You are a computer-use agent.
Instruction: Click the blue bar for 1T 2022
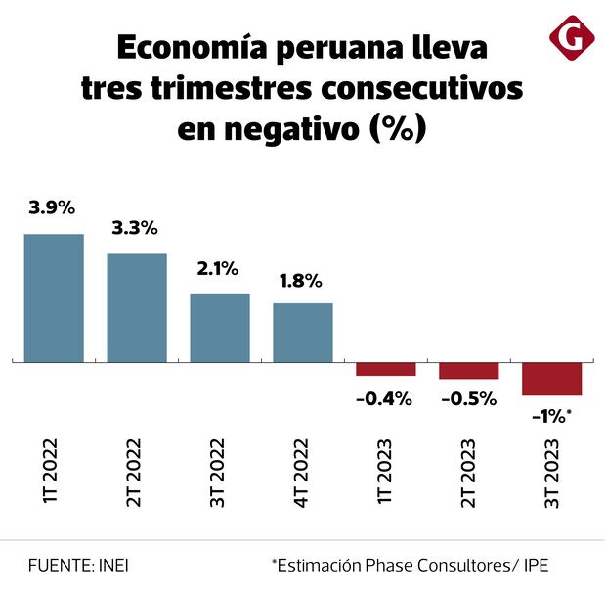click(x=54, y=298)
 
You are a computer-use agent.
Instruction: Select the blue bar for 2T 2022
click(x=137, y=308)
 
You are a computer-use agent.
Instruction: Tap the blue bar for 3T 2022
click(x=220, y=328)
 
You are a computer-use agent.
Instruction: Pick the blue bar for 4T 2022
click(x=303, y=333)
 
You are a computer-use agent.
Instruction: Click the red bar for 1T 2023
click(x=386, y=369)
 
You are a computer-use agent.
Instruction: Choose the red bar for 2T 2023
click(x=469, y=371)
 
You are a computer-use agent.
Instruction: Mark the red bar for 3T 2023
click(x=552, y=379)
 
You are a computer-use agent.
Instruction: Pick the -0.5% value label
click(x=468, y=399)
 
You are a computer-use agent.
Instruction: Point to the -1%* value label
click(x=551, y=416)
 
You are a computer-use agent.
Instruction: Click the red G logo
click(x=567, y=39)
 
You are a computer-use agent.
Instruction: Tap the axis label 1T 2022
click(x=53, y=479)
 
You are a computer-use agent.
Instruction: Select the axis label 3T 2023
click(x=552, y=479)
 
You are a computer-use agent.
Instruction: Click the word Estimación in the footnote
click(x=323, y=565)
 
